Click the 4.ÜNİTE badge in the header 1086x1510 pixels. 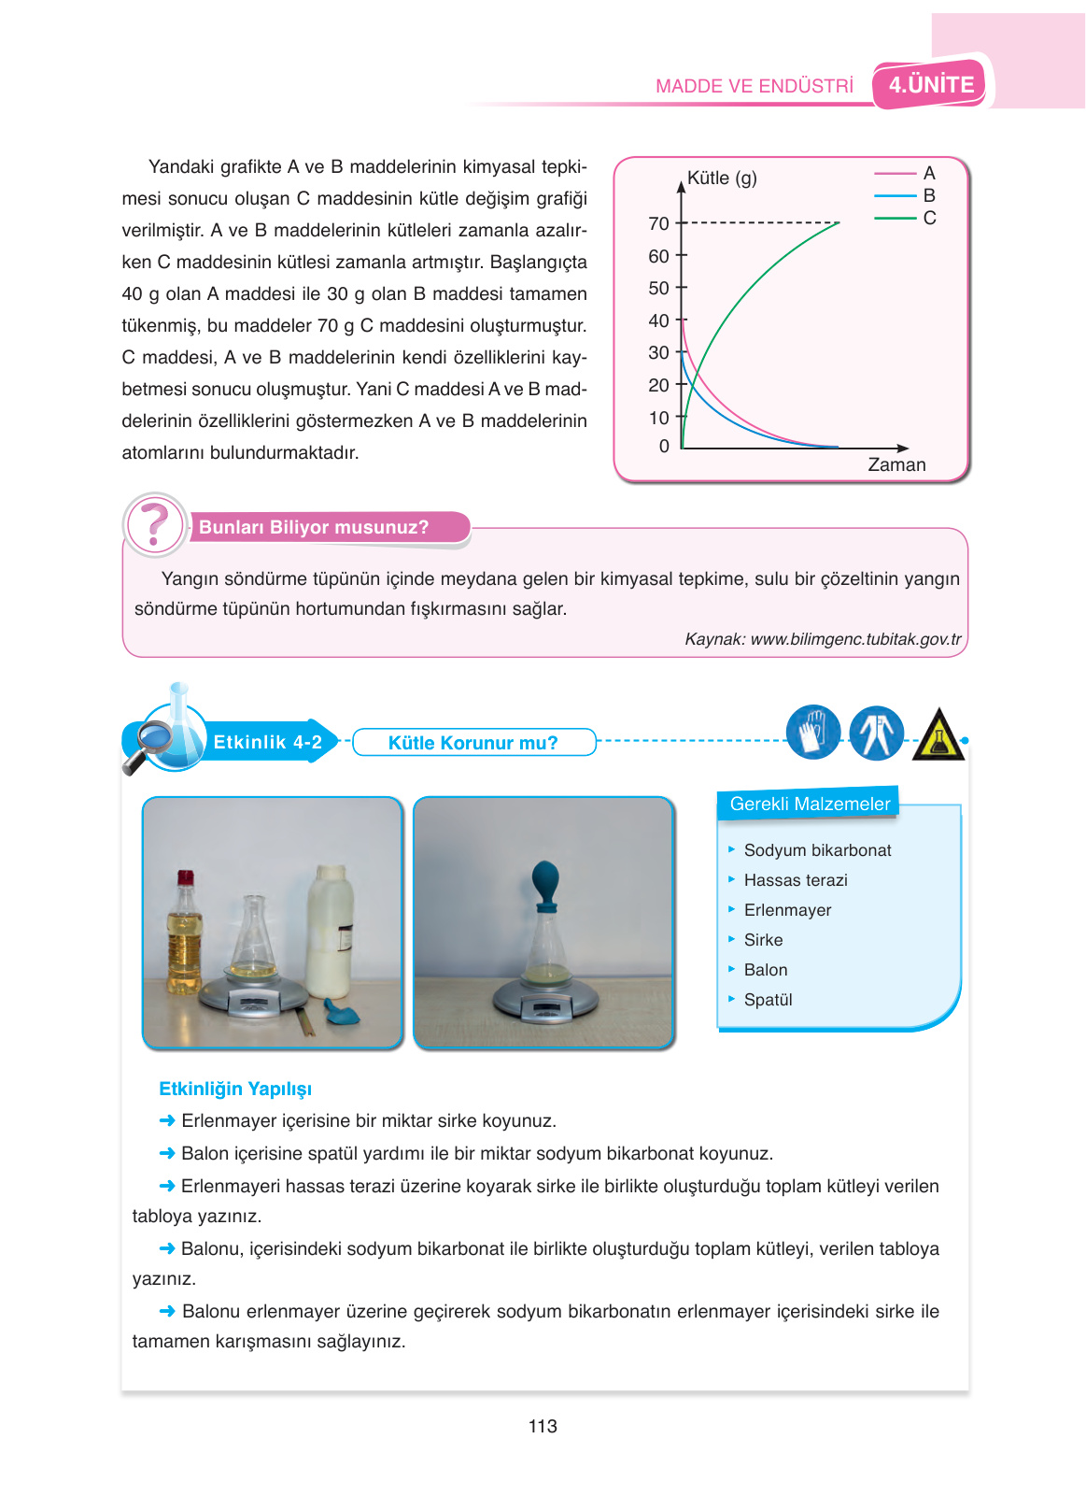tap(930, 85)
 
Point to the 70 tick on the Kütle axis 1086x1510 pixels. tap(659, 223)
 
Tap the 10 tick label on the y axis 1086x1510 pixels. tap(659, 418)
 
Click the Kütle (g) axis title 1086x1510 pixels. tap(722, 178)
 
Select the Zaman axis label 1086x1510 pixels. tap(896, 464)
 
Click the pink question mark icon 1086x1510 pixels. tap(155, 524)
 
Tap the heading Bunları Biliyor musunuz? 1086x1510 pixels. tap(314, 527)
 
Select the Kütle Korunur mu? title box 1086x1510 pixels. tap(473, 743)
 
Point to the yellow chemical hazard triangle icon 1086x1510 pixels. tap(938, 734)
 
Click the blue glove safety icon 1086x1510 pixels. tap(812, 732)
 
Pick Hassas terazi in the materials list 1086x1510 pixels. tap(796, 880)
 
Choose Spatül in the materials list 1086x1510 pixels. tap(768, 1000)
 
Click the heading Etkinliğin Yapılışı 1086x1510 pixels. tap(235, 1089)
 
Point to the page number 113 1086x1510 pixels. tap(543, 1426)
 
